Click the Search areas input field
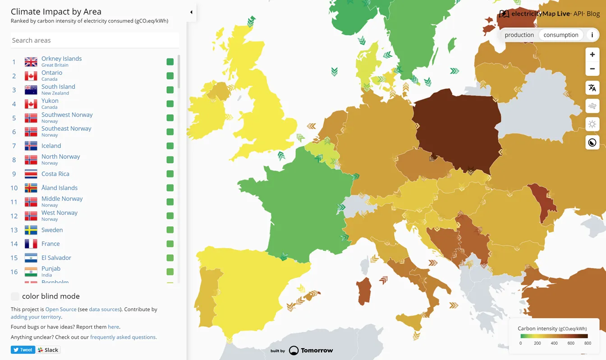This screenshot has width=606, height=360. (x=95, y=40)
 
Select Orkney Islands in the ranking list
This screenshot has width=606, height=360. (x=61, y=59)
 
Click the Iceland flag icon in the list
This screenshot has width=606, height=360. (x=31, y=146)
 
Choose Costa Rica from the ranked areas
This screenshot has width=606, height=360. (x=55, y=174)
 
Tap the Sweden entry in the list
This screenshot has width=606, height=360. (x=52, y=230)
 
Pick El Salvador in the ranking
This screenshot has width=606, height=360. (x=56, y=258)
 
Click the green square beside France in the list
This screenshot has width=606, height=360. (x=170, y=244)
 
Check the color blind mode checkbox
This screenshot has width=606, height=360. (x=15, y=296)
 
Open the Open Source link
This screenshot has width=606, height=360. (x=61, y=309)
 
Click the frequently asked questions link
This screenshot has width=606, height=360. (x=123, y=337)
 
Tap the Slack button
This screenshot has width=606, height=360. (x=48, y=350)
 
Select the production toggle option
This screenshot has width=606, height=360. (x=519, y=35)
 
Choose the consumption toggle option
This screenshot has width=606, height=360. (x=561, y=35)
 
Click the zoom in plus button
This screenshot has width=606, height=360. (x=592, y=55)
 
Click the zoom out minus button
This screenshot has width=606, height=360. (x=592, y=69)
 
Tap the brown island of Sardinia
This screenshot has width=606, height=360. (x=364, y=291)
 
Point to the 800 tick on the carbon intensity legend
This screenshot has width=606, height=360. (x=588, y=343)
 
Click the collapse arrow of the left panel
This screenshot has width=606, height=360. (x=191, y=12)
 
